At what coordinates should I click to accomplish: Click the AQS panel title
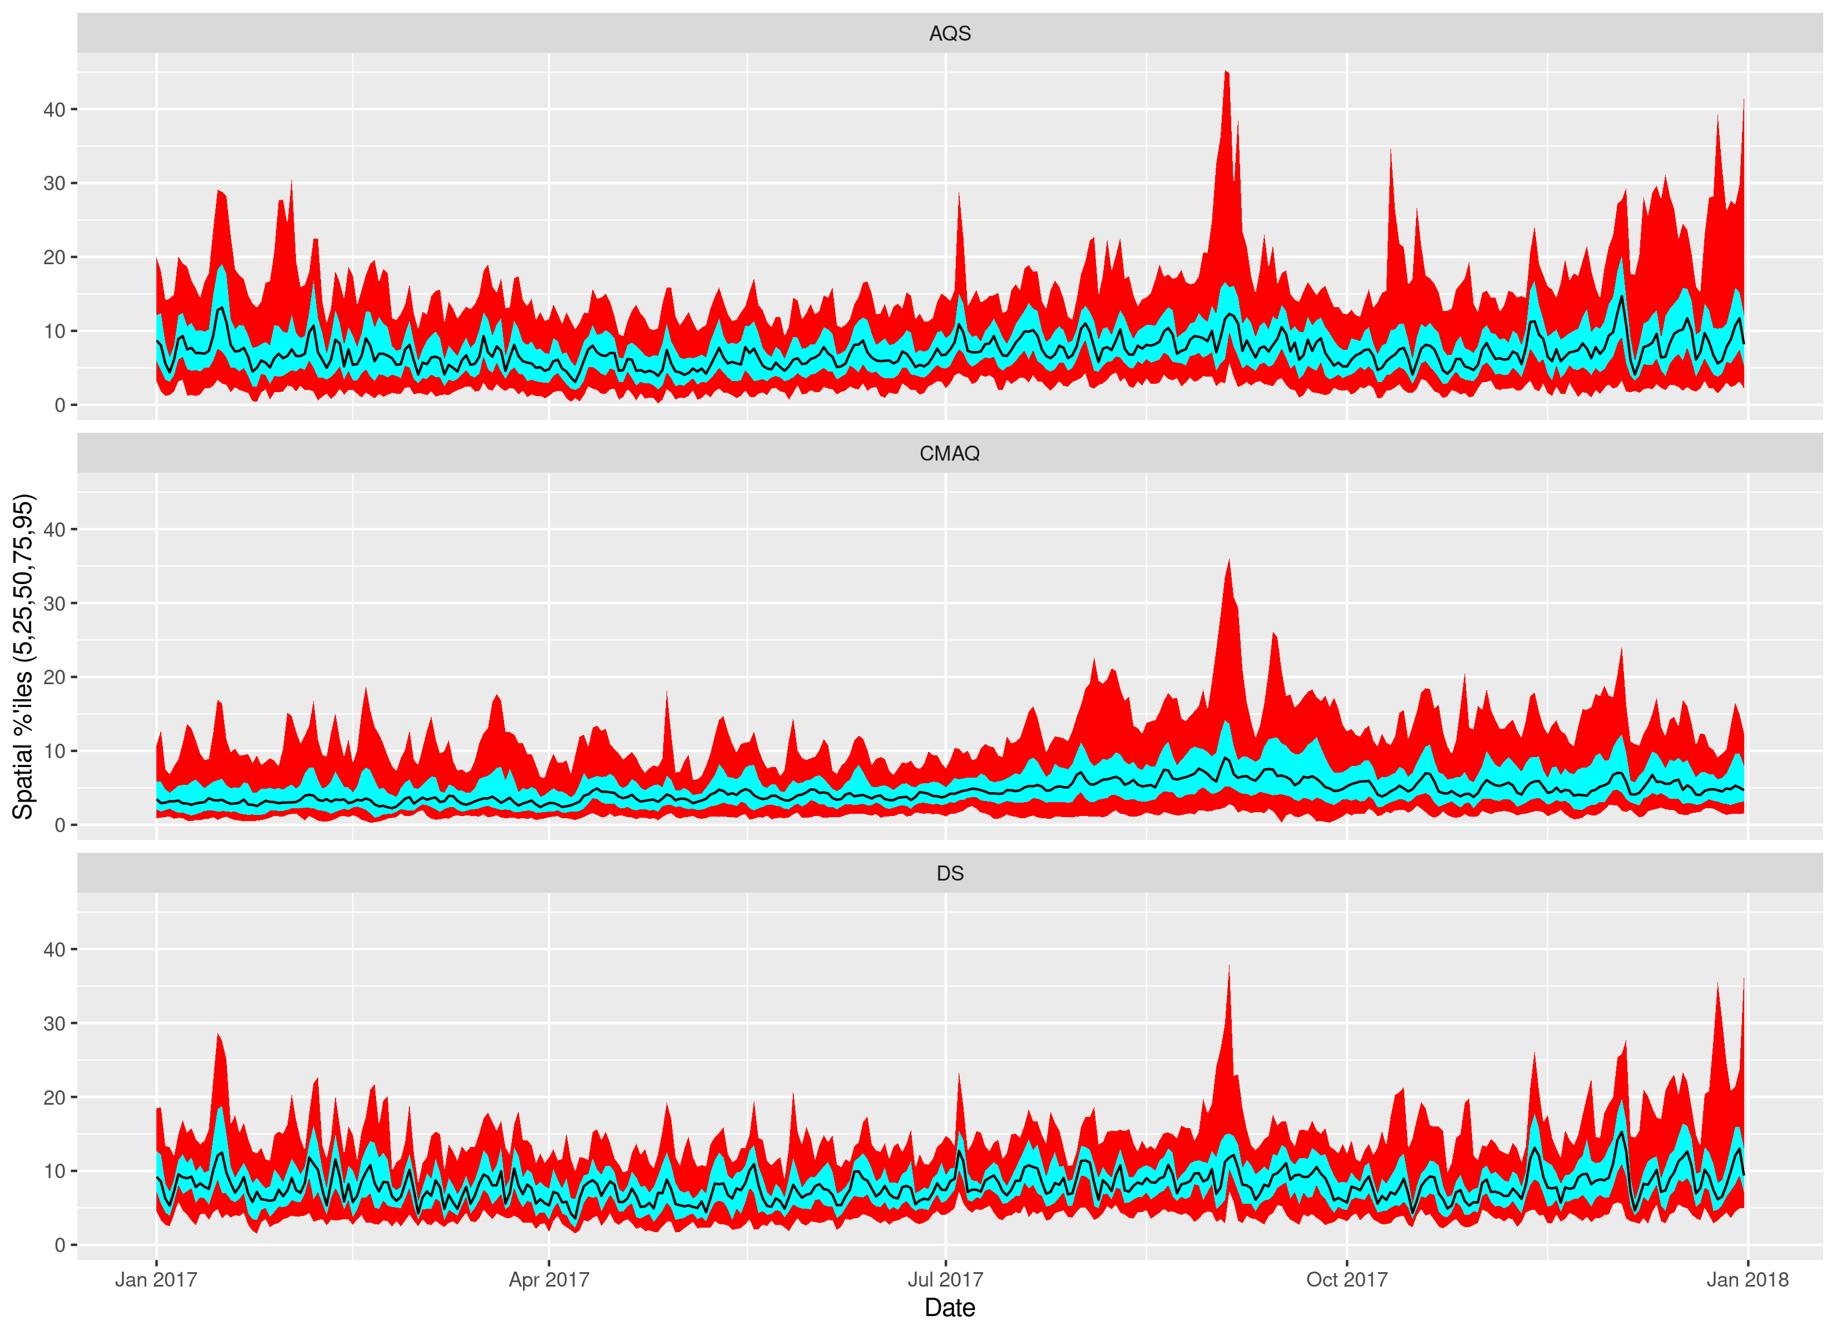tap(950, 33)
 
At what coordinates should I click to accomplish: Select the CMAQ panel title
tap(950, 453)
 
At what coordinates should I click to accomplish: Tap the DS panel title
tap(950, 873)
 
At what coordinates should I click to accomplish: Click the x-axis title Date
tap(950, 1308)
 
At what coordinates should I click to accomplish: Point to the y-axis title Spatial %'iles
tap(23, 656)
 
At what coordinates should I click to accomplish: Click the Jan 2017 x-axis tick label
tap(156, 1280)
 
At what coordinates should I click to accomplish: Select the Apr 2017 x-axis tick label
tap(549, 1280)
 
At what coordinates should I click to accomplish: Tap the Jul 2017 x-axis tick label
tap(945, 1280)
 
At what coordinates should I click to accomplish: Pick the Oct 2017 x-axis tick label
tap(1346, 1280)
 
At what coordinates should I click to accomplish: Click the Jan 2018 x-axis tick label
tap(1748, 1280)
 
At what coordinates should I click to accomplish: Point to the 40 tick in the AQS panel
tap(54, 109)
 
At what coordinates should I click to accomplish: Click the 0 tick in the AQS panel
tap(60, 405)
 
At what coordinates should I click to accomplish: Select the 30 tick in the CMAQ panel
tap(54, 603)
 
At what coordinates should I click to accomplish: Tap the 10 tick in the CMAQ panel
tap(54, 751)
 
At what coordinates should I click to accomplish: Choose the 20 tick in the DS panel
tap(54, 1097)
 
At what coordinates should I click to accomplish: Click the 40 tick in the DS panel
tap(54, 949)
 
